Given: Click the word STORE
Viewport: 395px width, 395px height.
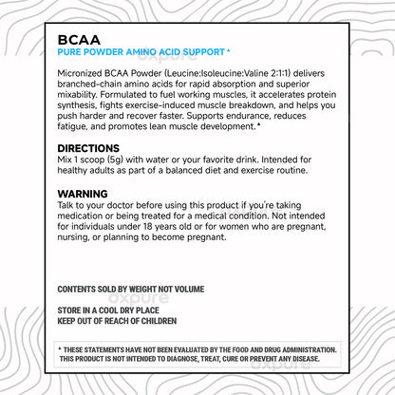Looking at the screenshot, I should [x=71, y=310].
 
